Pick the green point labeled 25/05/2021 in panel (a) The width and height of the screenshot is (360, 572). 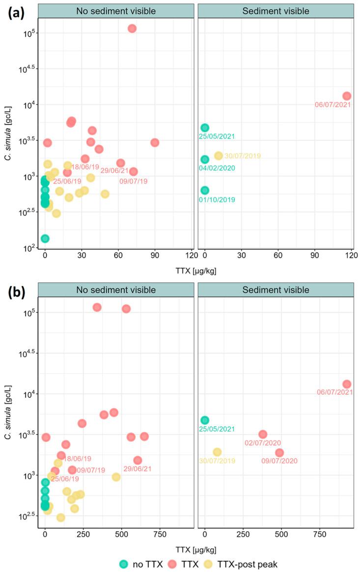pyautogui.click(x=205, y=128)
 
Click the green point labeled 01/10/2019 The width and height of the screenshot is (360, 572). pyautogui.click(x=205, y=191)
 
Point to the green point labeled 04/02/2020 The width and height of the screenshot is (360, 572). pyautogui.click(x=205, y=159)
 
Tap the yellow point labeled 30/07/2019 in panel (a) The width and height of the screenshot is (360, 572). pyautogui.click(x=219, y=156)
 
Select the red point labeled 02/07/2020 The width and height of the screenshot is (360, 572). pyautogui.click(x=263, y=434)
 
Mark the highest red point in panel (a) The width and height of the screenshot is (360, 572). pyautogui.click(x=132, y=28)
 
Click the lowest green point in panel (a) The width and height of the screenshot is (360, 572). pyautogui.click(x=45, y=239)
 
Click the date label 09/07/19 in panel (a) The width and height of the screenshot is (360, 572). pyautogui.click(x=133, y=181)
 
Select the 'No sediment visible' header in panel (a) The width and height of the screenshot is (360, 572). pyautogui.click(x=116, y=11)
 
